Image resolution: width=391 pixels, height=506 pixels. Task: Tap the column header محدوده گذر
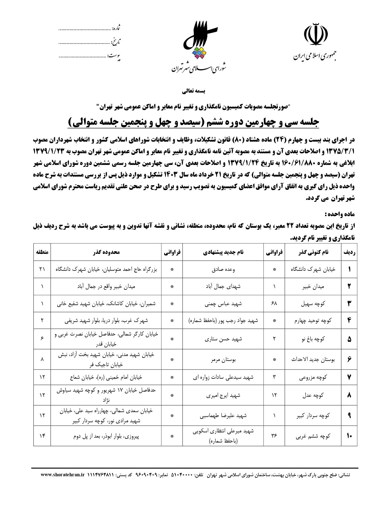pyautogui.click(x=106, y=252)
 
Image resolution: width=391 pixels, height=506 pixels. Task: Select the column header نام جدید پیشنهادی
pyautogui.click(x=223, y=252)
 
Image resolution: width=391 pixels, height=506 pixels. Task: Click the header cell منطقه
pyautogui.click(x=42, y=252)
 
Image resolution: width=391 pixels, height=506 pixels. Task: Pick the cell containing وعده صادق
pyautogui.click(x=223, y=269)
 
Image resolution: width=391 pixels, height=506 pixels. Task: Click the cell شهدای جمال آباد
pyautogui.click(x=223, y=286)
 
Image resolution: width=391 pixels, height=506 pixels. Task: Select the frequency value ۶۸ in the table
pyautogui.click(x=274, y=304)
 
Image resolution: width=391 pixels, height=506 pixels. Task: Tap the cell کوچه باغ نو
pyautogui.click(x=313, y=339)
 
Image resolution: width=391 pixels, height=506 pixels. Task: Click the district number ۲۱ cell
pyautogui.click(x=42, y=269)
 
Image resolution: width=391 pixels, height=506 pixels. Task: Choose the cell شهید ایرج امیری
pyautogui.click(x=223, y=395)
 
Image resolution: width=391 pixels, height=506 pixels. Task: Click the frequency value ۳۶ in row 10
pyautogui.click(x=274, y=436)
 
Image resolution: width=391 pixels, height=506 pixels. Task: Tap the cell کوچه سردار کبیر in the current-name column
pyautogui.click(x=313, y=416)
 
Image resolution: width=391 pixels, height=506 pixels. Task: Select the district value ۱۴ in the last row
pyautogui.click(x=42, y=436)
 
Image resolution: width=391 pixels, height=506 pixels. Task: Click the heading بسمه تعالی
pyautogui.click(x=195, y=91)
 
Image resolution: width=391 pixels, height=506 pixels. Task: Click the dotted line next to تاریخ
pyautogui.click(x=84, y=43)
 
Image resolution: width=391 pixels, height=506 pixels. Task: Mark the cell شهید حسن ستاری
pyautogui.click(x=223, y=339)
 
